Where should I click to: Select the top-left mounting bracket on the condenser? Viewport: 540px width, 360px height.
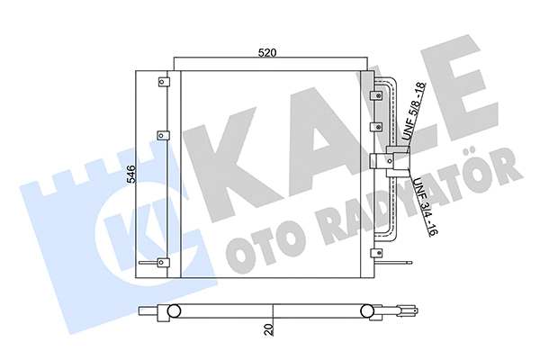point(163,83)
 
